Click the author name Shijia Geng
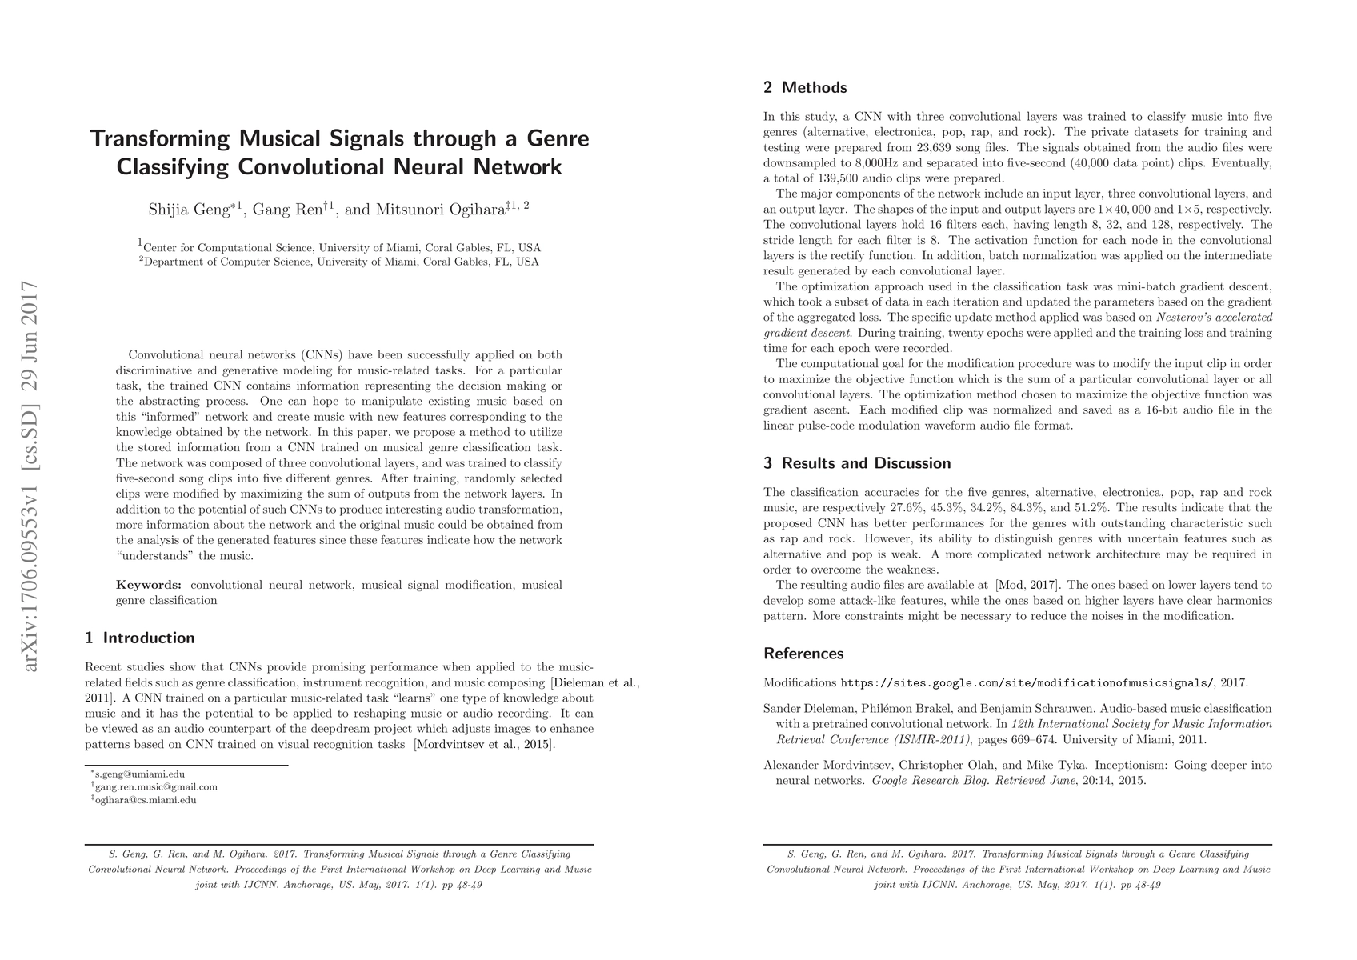pyautogui.click(x=190, y=210)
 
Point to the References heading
pyautogui.click(x=803, y=654)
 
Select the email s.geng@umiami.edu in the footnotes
pyautogui.click(x=140, y=774)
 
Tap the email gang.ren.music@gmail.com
pyautogui.click(x=156, y=787)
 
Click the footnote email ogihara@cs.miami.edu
pyautogui.click(x=146, y=800)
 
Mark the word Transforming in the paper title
pyautogui.click(x=159, y=138)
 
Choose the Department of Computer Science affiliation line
pyautogui.click(x=339, y=262)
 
